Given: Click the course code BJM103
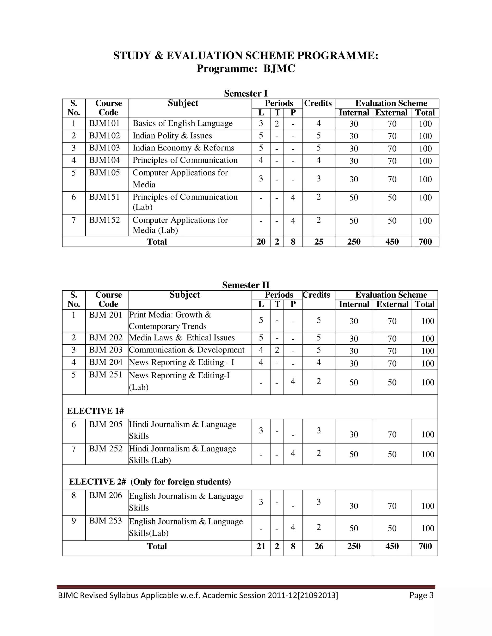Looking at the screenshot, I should [104, 148].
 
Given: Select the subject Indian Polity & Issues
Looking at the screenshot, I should [172, 136].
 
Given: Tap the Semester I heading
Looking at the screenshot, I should [246, 93].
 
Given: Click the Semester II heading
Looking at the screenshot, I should [246, 285].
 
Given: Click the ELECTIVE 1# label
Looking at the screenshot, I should [95, 411].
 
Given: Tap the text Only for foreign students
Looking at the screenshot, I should [180, 482].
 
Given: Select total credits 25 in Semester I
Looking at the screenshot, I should [319, 242].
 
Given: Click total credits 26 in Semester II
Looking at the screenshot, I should [319, 546].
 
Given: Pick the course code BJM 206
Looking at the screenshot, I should [105, 495].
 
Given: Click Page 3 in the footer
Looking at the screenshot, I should [421, 595].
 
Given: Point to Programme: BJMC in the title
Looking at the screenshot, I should [246, 69].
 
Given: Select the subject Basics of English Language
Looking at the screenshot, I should [183, 123].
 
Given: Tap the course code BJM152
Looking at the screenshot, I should [104, 220].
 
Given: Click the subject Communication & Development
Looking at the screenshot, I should [186, 350].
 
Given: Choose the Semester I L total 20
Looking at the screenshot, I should [261, 242].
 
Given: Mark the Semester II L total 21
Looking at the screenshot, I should [261, 546].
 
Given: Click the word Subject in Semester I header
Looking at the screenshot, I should [183, 103].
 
